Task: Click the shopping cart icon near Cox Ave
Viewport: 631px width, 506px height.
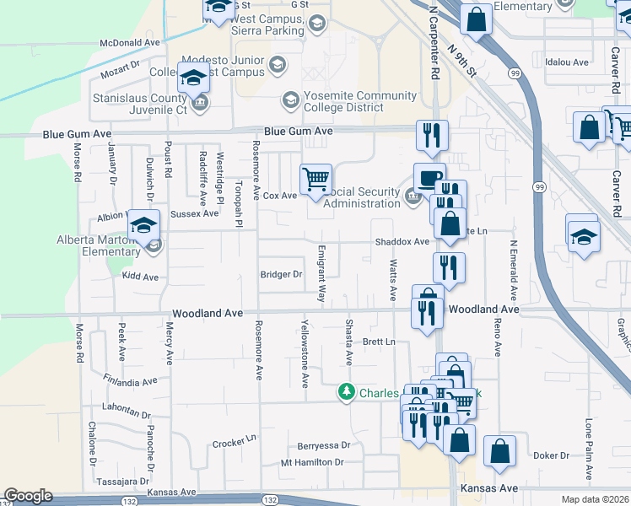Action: (315, 179)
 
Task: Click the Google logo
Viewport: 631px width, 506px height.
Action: (28, 496)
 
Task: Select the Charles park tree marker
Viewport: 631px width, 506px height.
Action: (347, 392)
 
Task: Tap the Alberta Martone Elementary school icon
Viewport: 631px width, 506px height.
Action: (144, 226)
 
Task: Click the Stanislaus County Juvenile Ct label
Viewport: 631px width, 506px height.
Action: (139, 104)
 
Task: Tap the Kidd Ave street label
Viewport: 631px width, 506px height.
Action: (140, 277)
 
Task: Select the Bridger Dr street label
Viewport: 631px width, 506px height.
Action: (281, 274)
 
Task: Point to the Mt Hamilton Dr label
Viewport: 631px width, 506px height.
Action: (313, 462)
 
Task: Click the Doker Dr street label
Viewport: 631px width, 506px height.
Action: (552, 455)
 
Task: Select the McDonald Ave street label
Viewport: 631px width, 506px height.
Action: (129, 41)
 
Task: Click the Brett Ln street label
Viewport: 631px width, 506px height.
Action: (379, 342)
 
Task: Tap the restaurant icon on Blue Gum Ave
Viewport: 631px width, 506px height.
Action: (432, 135)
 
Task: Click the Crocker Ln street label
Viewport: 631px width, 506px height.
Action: (234, 442)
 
